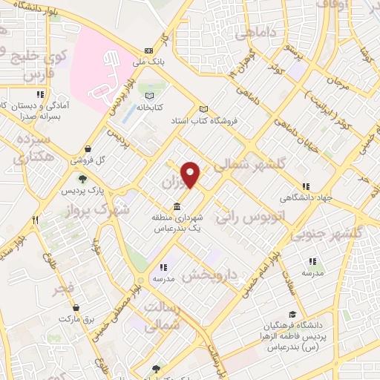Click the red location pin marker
(191, 175)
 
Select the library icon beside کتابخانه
(150, 96)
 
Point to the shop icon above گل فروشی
(88, 148)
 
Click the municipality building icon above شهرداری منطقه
(176, 206)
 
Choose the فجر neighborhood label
(64, 287)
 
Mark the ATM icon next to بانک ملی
(149, 50)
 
